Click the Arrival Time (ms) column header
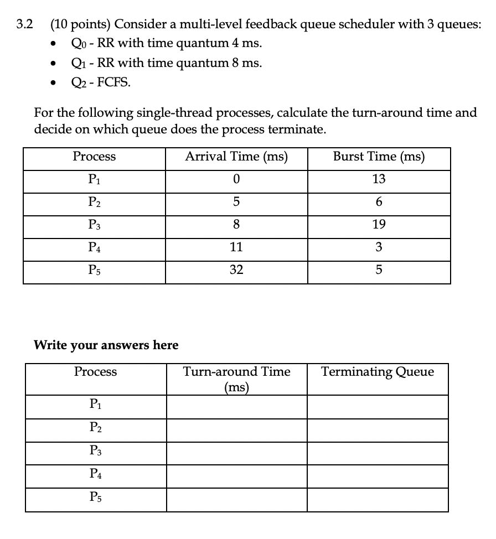click(x=236, y=157)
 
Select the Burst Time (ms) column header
click(x=379, y=157)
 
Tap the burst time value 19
click(x=379, y=224)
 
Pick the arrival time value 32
click(x=236, y=271)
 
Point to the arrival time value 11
click(x=236, y=247)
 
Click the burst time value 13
click(x=379, y=179)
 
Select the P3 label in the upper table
click(x=95, y=225)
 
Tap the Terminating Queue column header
click(x=378, y=372)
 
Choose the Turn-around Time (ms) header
click(x=236, y=379)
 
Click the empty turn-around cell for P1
click(x=236, y=407)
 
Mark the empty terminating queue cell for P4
click(x=378, y=476)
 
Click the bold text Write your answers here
click(x=106, y=345)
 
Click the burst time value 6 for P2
click(x=379, y=202)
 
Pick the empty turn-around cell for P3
click(x=236, y=453)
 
